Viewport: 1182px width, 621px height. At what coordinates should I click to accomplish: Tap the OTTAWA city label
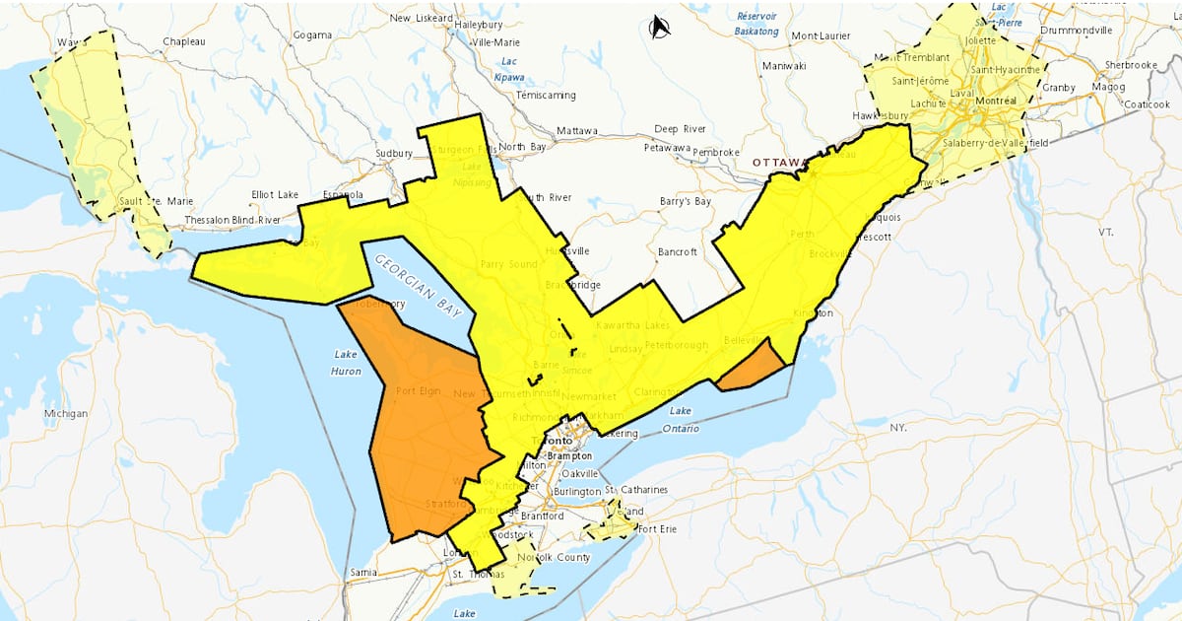point(781,162)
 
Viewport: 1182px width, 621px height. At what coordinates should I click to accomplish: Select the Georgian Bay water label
point(413,286)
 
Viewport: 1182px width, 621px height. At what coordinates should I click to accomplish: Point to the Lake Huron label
point(346,362)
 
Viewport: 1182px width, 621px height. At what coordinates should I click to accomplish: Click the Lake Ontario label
point(684,419)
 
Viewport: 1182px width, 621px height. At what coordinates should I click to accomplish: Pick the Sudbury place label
point(394,154)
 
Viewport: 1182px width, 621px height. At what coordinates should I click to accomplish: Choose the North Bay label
point(522,147)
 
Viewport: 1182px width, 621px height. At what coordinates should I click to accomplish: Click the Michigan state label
point(65,413)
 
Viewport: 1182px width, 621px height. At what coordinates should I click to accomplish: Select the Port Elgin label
point(419,391)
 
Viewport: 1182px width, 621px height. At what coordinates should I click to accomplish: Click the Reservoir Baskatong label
point(756,24)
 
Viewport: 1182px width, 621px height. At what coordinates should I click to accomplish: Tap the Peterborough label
point(676,346)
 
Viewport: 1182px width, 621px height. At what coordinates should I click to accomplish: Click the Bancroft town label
point(677,252)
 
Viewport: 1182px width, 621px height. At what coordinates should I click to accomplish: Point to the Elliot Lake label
point(275,195)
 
